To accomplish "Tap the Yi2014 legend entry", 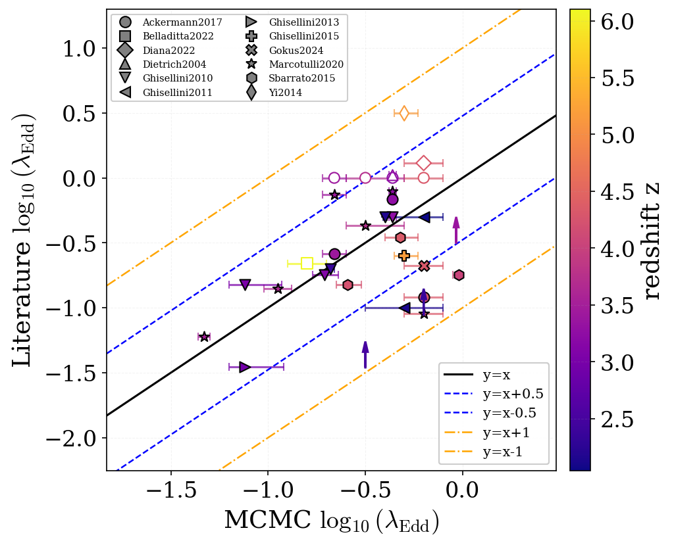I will pos(285,93).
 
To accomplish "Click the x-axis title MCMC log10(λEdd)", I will pos(331,521).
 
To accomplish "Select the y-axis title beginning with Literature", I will pos(25,241).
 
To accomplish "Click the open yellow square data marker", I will pos(307,263).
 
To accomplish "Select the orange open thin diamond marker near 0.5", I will pos(404,113).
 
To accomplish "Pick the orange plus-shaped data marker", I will pos(404,255).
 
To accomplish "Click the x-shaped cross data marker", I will pos(424,266).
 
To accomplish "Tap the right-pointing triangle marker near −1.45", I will pos(245,367).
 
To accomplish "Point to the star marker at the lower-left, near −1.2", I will pos(204,337).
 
